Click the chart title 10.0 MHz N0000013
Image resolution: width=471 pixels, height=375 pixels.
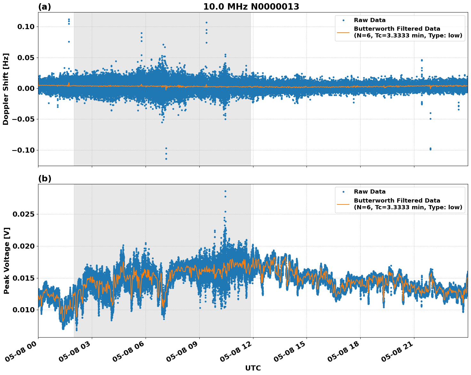[251, 7]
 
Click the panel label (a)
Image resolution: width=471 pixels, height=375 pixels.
[44, 7]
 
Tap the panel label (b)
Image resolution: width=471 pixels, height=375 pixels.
[44, 179]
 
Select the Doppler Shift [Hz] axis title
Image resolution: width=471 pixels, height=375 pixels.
[6, 89]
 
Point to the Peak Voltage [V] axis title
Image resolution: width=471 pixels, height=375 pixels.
[6, 260]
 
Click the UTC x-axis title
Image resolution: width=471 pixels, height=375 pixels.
[253, 368]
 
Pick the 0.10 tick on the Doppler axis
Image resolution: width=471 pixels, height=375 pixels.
[26, 27]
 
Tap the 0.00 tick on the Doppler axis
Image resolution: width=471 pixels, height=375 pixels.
[26, 88]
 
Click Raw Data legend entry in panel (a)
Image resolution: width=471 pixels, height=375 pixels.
[370, 20]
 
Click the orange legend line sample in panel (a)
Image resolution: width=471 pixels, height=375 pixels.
[343, 32]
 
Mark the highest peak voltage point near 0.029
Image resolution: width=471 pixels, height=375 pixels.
[225, 191]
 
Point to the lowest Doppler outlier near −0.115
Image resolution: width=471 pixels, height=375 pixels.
[166, 159]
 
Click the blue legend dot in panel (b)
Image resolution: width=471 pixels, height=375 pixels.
[343, 192]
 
